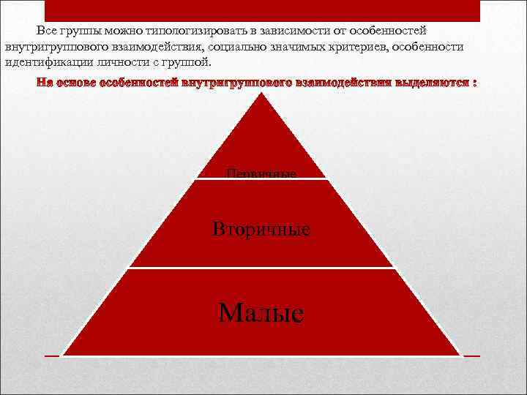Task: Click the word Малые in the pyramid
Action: coord(261,313)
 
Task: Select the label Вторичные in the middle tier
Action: coord(261,229)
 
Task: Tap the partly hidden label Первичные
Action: coord(261,174)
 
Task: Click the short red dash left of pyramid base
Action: coord(51,355)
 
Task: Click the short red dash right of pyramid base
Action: coord(471,355)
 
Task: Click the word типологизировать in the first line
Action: coord(189,31)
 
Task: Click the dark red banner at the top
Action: coord(261,10)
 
